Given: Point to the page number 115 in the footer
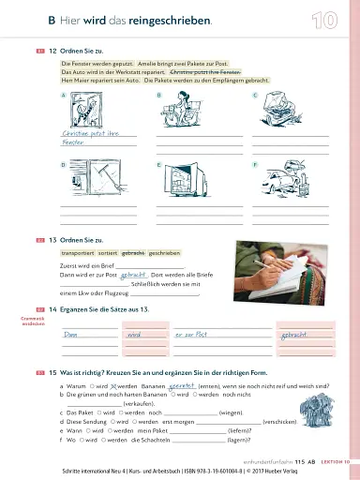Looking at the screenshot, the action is (x=299, y=461).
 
